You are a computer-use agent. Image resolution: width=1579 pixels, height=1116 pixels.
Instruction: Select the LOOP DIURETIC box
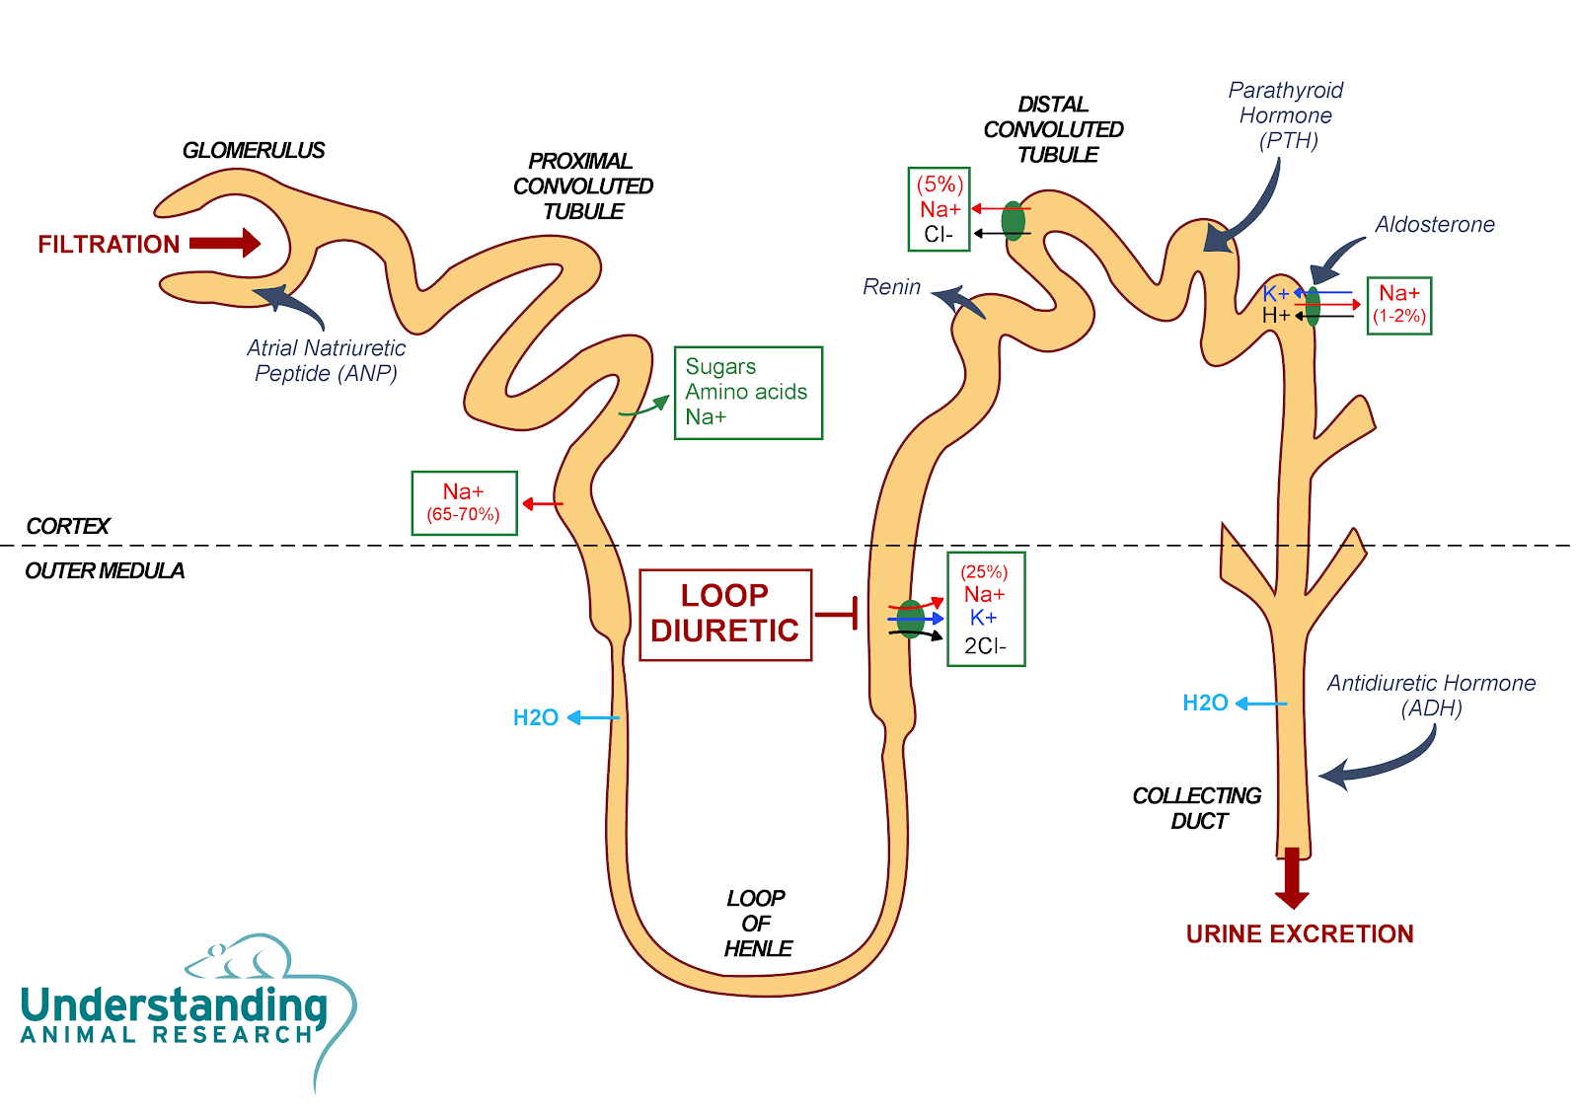(x=726, y=616)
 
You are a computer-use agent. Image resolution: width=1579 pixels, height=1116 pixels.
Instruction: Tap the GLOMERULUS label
(x=254, y=150)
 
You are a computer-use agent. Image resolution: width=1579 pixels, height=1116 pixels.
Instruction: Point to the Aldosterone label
(x=1435, y=224)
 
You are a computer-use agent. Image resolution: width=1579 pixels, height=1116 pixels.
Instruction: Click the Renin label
(x=892, y=287)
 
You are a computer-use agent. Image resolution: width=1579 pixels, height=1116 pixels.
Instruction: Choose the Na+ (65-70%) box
(x=465, y=503)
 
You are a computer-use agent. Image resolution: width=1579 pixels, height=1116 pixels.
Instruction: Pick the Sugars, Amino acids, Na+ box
(x=749, y=393)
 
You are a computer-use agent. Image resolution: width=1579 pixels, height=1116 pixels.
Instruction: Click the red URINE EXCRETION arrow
(x=1292, y=878)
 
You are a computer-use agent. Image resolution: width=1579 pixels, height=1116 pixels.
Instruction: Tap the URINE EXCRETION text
(x=1300, y=934)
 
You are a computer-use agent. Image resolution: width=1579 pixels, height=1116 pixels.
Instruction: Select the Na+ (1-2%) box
(x=1399, y=305)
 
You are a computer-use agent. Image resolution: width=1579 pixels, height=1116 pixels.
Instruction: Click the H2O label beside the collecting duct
(x=1205, y=703)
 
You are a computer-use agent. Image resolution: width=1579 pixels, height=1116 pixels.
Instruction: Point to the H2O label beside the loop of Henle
(x=536, y=717)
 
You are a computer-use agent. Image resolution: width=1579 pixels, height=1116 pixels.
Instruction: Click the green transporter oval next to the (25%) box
(x=910, y=619)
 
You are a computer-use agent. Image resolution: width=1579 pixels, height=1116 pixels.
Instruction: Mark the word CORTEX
(x=68, y=526)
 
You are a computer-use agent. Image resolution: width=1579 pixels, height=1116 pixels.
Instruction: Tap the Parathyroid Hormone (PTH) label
(x=1287, y=115)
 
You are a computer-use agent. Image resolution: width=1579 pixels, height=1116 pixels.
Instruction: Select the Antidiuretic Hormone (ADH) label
(x=1432, y=695)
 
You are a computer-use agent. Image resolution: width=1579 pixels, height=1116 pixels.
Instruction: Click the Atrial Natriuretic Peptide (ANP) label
(x=326, y=360)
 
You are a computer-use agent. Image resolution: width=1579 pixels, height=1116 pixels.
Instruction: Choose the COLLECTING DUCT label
(x=1197, y=808)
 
